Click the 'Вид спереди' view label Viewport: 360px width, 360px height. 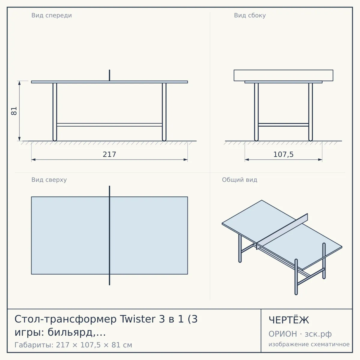click(x=52, y=15)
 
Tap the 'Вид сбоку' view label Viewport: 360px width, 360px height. click(x=250, y=15)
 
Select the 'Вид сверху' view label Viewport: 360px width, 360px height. click(x=49, y=180)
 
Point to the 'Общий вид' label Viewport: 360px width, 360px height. click(x=239, y=180)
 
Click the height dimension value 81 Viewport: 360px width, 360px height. click(x=14, y=111)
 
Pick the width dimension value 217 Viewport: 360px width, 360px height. click(x=109, y=154)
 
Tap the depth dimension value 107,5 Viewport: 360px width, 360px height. click(x=283, y=154)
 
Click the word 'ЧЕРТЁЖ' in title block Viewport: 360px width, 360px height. click(x=289, y=320)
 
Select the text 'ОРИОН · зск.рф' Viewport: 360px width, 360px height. click(x=300, y=334)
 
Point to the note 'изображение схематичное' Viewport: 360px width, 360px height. click(x=309, y=344)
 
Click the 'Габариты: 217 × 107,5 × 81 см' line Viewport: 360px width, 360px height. click(x=73, y=345)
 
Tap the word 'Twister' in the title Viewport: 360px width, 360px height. click(x=138, y=319)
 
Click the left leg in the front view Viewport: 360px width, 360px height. click(x=55, y=112)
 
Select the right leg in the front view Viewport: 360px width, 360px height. click(x=164, y=112)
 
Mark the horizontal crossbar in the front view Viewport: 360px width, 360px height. click(x=109, y=125)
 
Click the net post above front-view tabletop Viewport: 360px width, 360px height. click(x=109, y=75)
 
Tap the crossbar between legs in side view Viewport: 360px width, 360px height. click(x=283, y=125)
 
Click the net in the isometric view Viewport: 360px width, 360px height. click(x=282, y=231)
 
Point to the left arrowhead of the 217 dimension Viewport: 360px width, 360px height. click(x=33, y=160)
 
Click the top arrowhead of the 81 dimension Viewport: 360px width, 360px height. click(x=19, y=83)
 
